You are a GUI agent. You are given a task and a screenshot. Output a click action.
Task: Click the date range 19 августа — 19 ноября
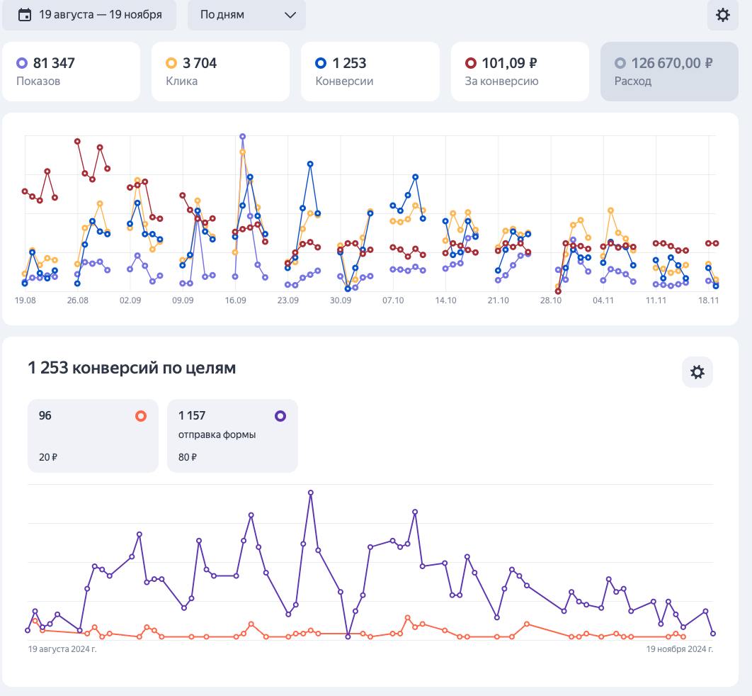coord(89,15)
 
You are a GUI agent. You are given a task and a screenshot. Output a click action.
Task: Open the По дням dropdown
coord(246,15)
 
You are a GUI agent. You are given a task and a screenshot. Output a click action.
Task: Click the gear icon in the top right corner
coord(722,15)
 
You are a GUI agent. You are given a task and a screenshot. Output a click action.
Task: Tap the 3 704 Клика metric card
coord(220,72)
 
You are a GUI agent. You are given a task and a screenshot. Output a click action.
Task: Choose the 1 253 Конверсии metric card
coord(370,72)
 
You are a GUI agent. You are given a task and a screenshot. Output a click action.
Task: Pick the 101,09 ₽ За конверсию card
coord(520,72)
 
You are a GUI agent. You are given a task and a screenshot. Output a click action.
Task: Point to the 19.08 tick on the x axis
coord(25,301)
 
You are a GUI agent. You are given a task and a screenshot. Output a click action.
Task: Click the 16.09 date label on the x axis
coord(235,301)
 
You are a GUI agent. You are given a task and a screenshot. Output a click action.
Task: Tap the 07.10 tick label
coord(393,301)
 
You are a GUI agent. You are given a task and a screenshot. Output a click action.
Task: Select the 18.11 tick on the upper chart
coord(709,301)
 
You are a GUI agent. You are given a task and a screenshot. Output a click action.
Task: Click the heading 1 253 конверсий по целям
coord(132,368)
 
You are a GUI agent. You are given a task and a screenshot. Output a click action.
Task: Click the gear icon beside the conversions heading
coord(697,372)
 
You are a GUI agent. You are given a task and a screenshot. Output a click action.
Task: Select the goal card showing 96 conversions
coord(93,435)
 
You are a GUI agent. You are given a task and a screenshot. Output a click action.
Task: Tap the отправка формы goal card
coord(232,435)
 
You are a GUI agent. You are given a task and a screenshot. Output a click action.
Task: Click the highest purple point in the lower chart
coord(311,492)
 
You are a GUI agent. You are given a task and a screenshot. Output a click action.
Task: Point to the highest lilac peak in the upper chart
coord(243,136)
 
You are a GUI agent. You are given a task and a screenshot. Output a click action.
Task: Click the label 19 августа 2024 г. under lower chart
coord(62,649)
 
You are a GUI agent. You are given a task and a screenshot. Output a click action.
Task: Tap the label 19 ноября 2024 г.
coord(679,649)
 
